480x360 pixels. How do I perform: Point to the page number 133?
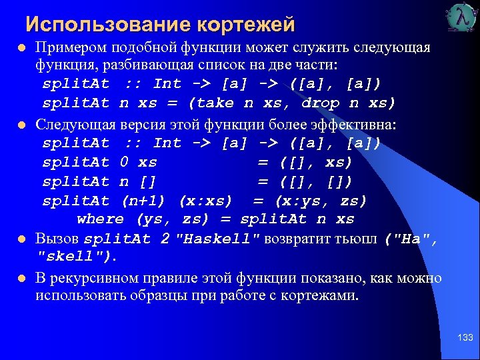465,338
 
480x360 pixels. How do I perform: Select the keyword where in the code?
100,219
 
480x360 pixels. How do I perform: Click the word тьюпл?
356,239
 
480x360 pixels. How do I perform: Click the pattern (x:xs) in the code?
205,201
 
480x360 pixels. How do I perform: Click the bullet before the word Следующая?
21,125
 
